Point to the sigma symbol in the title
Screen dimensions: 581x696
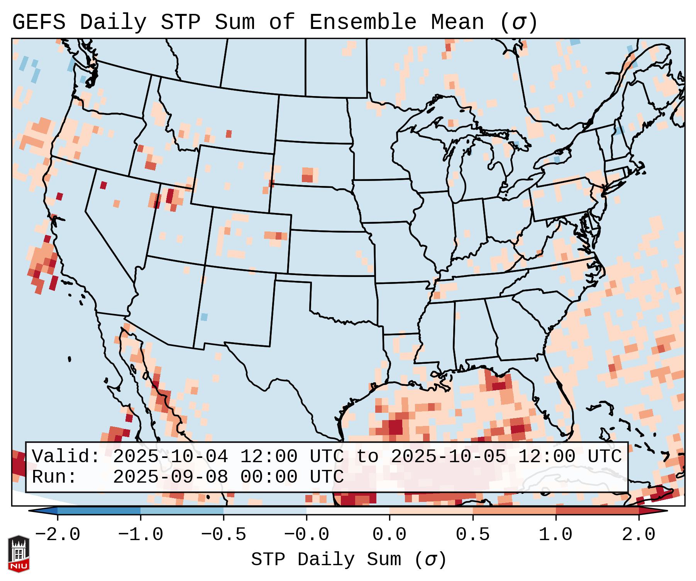tap(518, 23)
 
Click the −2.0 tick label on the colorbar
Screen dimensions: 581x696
tap(58, 535)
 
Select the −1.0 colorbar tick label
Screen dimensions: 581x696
tap(141, 535)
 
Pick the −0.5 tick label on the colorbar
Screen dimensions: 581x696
tap(224, 535)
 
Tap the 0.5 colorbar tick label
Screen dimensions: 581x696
tap(472, 535)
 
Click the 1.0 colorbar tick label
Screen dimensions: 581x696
tap(555, 535)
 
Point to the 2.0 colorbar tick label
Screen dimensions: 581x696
tap(638, 535)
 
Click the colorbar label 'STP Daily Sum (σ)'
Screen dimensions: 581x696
tap(349, 560)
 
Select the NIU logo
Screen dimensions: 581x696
tap(19, 554)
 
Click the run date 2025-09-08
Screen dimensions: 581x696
tap(170, 477)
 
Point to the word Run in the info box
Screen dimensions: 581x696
tap(54, 477)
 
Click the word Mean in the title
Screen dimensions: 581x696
tap(457, 22)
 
